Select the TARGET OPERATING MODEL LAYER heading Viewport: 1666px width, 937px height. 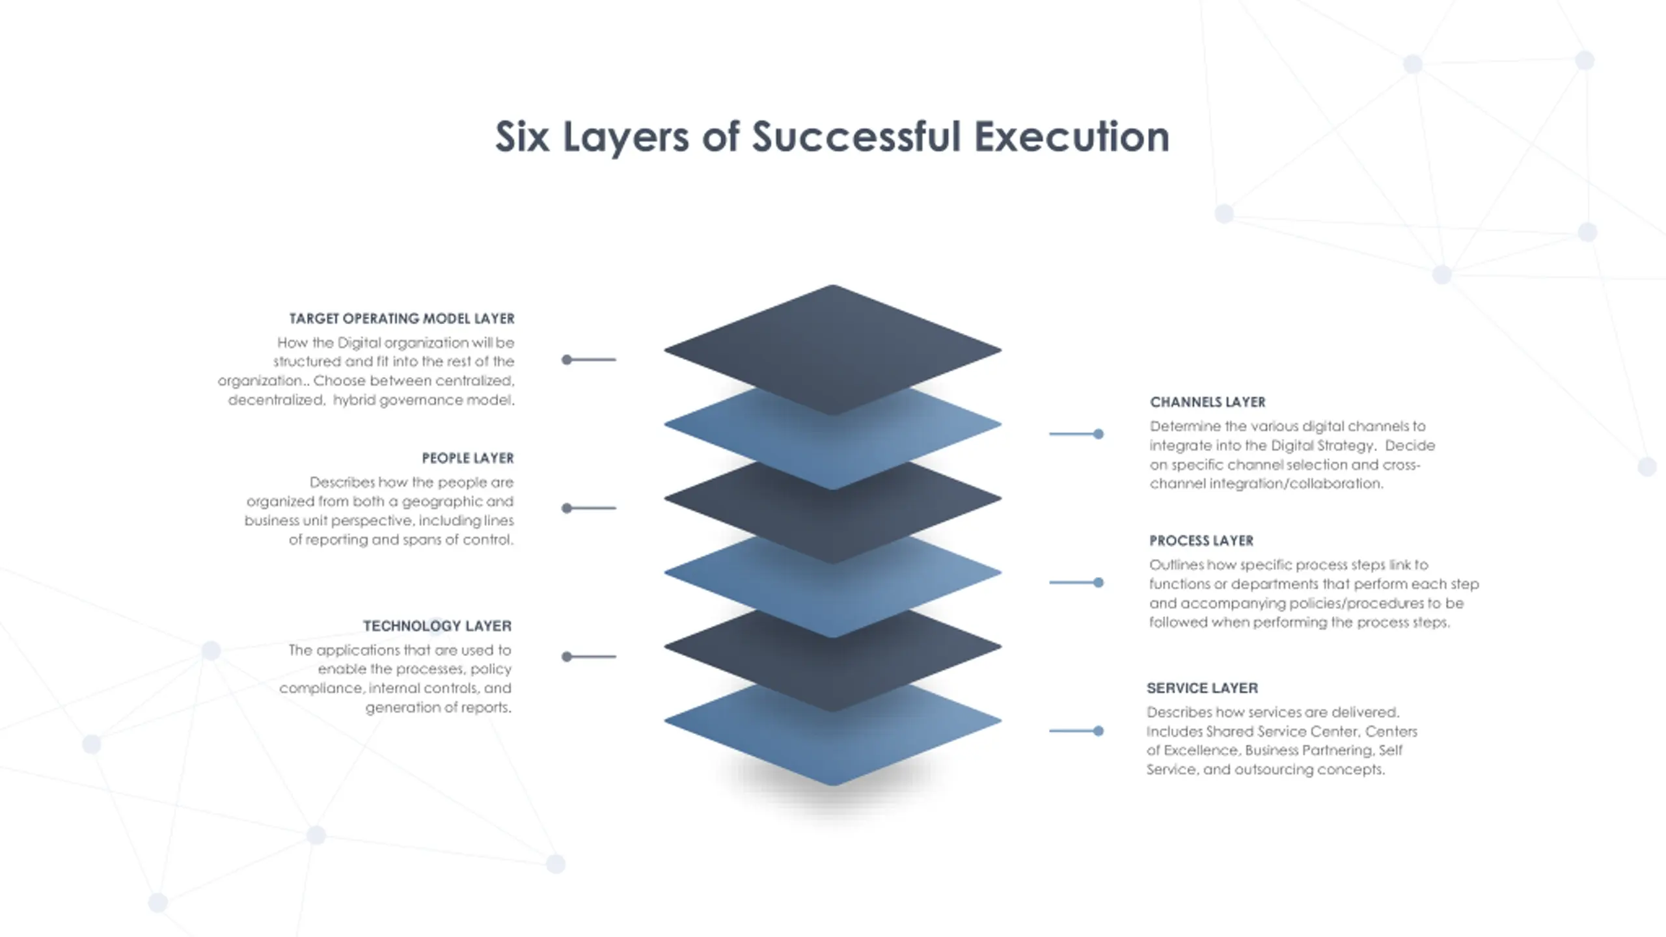pyautogui.click(x=402, y=318)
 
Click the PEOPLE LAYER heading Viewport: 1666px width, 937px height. pyautogui.click(x=467, y=458)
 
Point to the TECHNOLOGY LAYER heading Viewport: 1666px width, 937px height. pyautogui.click(x=437, y=626)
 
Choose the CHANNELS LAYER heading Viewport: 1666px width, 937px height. pyautogui.click(x=1207, y=402)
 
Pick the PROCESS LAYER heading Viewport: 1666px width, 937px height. pyautogui.click(x=1201, y=541)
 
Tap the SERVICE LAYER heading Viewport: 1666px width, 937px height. pyautogui.click(x=1201, y=688)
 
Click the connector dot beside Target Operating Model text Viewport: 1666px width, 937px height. pyautogui.click(x=567, y=360)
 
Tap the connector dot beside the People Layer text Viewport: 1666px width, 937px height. pyautogui.click(x=567, y=508)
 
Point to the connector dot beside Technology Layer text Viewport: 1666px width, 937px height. pyautogui.click(x=567, y=657)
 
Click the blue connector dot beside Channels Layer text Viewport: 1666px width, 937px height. pyautogui.click(x=1099, y=434)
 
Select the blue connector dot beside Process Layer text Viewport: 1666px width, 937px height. pyautogui.click(x=1099, y=582)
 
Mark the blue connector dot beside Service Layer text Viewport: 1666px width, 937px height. pyautogui.click(x=1099, y=731)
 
